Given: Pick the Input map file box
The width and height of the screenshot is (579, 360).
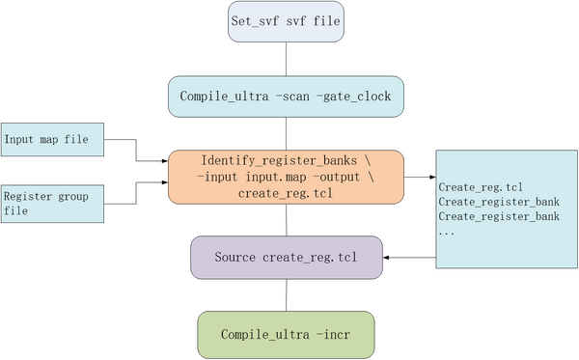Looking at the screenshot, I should tap(51, 140).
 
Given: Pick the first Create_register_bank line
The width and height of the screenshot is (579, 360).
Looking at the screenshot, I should tap(498, 202).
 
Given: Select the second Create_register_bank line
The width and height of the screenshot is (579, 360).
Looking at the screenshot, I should tap(498, 217).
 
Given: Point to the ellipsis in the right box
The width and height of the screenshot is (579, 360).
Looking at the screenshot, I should tap(448, 233).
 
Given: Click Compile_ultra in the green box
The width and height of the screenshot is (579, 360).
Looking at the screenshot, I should tap(261, 334).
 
